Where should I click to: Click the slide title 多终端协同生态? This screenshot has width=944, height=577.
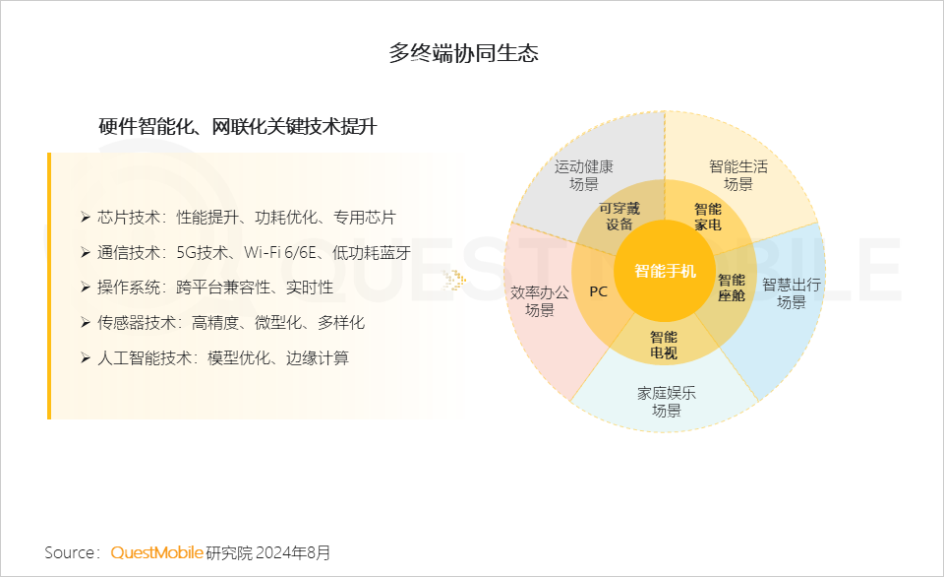(463, 53)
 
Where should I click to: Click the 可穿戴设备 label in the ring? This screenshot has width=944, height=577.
(619, 216)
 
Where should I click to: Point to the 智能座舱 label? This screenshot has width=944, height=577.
(731, 288)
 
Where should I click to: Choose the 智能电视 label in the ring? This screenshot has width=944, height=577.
(664, 344)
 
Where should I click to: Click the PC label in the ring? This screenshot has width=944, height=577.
(598, 291)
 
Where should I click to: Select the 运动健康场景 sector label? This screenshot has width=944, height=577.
(583, 175)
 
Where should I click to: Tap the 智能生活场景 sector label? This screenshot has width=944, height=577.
(737, 175)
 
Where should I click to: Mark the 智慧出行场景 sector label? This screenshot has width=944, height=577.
(791, 293)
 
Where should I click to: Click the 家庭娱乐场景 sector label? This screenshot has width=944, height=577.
(666, 402)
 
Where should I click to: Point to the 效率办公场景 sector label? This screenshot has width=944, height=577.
(539, 301)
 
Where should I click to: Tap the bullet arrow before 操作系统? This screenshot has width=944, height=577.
(86, 288)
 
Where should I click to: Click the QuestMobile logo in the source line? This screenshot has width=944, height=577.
(156, 552)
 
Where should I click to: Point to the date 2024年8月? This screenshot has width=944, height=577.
(293, 552)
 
